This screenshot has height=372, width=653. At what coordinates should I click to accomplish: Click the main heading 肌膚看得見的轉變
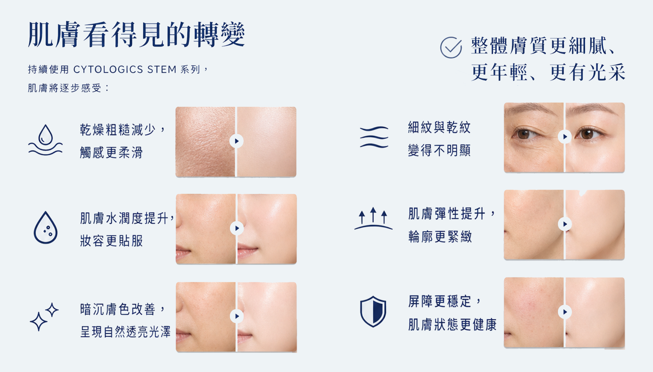136,35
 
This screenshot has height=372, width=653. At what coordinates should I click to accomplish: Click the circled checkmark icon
451,47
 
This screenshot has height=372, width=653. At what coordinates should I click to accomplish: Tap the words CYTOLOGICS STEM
125,69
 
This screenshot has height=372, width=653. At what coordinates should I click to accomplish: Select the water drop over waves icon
45,140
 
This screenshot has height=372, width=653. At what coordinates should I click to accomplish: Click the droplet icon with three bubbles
45,227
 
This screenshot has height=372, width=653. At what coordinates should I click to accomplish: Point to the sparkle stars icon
44,316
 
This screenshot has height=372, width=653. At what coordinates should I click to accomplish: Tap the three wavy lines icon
374,137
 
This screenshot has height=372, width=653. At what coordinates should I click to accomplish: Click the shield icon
373,311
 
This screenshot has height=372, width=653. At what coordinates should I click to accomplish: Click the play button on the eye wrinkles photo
565,137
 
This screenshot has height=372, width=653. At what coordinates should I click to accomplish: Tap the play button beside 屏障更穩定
565,312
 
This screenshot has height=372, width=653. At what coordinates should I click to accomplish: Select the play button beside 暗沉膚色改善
237,316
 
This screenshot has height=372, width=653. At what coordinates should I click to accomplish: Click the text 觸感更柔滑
111,153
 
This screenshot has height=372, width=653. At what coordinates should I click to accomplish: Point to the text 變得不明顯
439,150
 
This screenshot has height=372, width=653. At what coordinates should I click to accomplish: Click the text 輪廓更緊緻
440,237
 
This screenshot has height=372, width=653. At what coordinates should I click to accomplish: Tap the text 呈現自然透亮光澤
125,332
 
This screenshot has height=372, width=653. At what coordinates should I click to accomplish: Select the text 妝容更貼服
111,241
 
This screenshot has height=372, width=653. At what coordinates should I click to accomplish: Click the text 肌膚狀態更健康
452,324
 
